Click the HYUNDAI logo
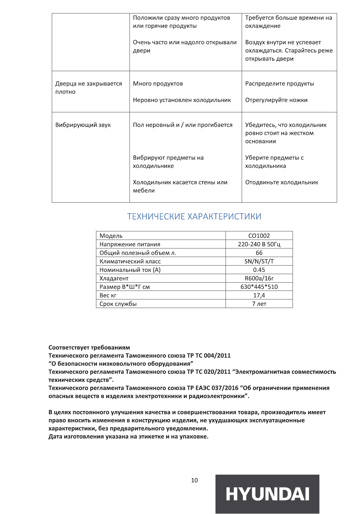coord(267,494)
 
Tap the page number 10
coord(194,480)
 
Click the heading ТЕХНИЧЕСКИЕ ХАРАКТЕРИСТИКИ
coord(194,216)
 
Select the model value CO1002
coord(259,236)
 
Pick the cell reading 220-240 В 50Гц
coord(259,244)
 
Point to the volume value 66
coord(259,253)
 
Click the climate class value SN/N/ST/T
coord(259,261)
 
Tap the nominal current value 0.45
coord(259,270)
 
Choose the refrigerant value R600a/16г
coord(259,278)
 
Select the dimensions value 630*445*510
coord(259,287)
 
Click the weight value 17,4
coord(259,295)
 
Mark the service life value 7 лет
coord(259,304)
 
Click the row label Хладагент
coord(114,278)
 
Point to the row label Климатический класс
coord(130,261)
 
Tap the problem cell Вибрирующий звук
coord(83,125)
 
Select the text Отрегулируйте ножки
coord(276,100)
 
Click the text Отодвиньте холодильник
coord(282,182)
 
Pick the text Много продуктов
coord(158,84)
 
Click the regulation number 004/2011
coord(217,356)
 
